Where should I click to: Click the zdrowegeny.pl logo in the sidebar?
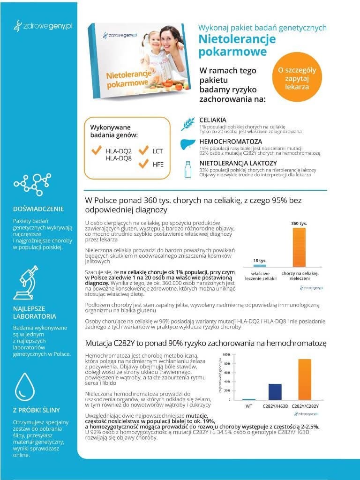(x=43, y=25)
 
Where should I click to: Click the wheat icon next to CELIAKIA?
(x=187, y=123)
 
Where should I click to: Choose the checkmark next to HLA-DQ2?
(x=97, y=151)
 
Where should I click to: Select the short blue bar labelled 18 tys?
(x=260, y=265)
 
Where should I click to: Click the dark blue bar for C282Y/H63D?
(x=275, y=391)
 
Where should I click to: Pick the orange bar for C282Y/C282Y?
(x=304, y=379)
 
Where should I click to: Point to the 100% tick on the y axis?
(x=226, y=354)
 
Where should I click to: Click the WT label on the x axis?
(x=249, y=406)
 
